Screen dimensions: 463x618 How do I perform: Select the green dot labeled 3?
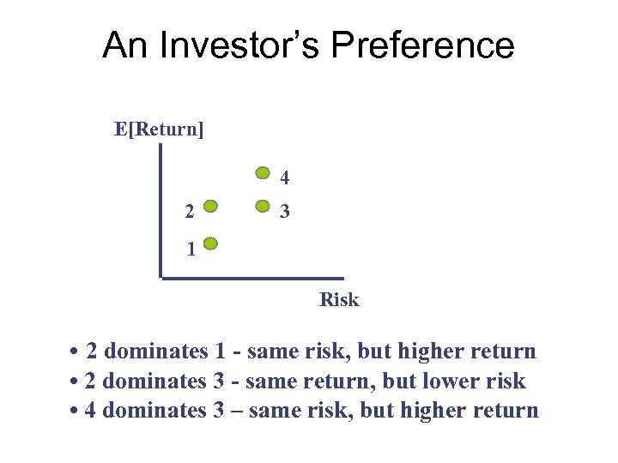tap(264, 207)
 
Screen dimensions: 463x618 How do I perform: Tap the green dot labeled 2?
tap(211, 207)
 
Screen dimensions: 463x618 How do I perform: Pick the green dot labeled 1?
tap(211, 244)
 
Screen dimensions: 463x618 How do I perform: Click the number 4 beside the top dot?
tap(284, 179)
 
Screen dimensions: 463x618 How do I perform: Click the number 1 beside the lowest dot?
tap(191, 250)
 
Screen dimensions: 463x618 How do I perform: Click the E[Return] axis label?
tap(159, 129)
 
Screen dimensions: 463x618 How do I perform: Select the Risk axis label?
tap(339, 300)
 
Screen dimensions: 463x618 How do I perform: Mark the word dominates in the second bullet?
tap(155, 382)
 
